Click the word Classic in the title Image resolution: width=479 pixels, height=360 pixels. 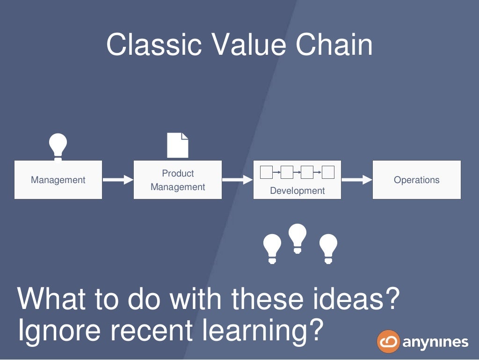(154, 45)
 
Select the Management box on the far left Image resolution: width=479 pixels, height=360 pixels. (58, 180)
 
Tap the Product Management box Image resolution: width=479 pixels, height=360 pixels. (178, 180)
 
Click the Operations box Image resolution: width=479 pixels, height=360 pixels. (416, 180)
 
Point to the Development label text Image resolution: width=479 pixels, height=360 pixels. (297, 191)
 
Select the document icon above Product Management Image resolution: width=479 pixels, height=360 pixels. (178, 145)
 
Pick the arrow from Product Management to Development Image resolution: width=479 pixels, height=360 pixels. (237, 180)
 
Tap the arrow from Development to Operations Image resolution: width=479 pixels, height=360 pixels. (356, 180)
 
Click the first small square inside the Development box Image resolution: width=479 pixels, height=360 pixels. (266, 173)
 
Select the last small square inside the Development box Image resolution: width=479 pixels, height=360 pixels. (328, 173)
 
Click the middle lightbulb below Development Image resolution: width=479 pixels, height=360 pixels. (298, 238)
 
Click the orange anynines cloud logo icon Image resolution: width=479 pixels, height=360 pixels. (388, 341)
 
